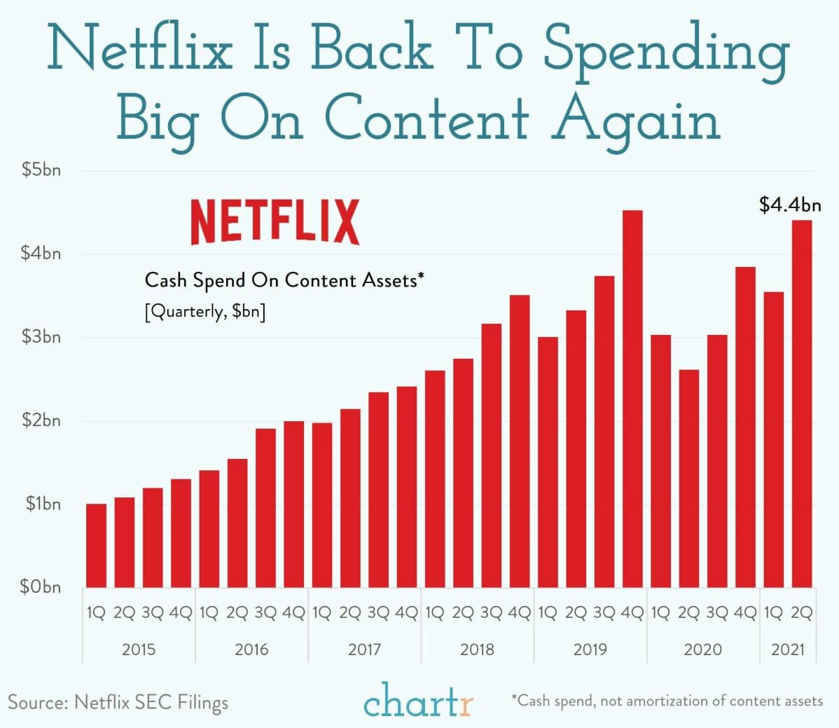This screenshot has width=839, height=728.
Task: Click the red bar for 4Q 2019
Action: pyautogui.click(x=632, y=399)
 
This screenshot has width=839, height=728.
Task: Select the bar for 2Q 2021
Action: pyautogui.click(x=802, y=404)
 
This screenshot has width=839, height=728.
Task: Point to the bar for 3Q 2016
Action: pyautogui.click(x=265, y=507)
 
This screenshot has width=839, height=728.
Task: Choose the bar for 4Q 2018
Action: pyautogui.click(x=520, y=441)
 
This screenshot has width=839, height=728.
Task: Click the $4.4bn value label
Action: pyautogui.click(x=790, y=205)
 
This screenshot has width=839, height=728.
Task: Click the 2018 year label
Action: pyautogui.click(x=477, y=650)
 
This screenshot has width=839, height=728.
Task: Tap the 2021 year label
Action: pyautogui.click(x=788, y=650)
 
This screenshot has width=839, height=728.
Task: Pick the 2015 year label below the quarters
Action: pyautogui.click(x=139, y=650)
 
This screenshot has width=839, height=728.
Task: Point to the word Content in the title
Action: pyautogui.click(x=427, y=119)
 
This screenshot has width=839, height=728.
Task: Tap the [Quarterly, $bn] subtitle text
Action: pyautogui.click(x=204, y=311)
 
